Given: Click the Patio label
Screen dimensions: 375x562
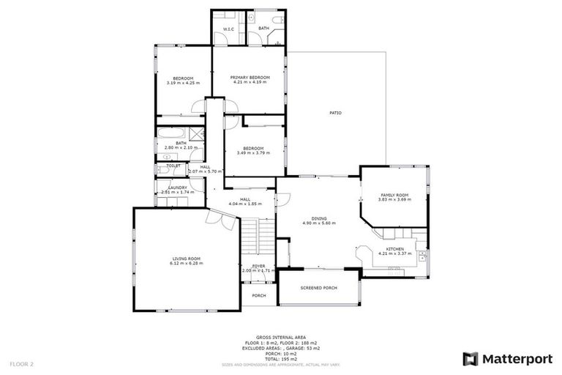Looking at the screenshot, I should point(335,113).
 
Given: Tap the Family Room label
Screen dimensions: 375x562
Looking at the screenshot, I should point(394,195).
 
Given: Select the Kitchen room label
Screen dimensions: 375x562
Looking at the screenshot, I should point(395,249).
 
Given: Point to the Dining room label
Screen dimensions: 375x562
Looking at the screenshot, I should point(319,218).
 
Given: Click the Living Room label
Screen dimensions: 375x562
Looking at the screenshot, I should point(187,259).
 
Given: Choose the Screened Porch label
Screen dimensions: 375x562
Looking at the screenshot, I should point(319,288).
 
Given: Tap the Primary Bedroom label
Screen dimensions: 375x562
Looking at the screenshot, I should point(250,78).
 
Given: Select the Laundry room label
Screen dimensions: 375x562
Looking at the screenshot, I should point(178,187).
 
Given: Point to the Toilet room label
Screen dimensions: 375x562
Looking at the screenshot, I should point(173,166).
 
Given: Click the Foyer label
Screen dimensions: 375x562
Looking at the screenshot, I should point(259,266).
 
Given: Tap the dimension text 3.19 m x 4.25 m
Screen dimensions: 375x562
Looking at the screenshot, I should point(183,83).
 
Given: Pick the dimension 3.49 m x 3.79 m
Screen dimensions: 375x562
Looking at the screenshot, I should point(253,153).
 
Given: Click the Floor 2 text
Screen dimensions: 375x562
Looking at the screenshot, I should point(22,363).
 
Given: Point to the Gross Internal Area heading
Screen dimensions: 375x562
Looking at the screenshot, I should point(280,338).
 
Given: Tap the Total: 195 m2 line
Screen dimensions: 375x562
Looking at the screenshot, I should point(280,359).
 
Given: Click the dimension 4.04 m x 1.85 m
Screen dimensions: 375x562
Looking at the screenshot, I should point(244,204).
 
